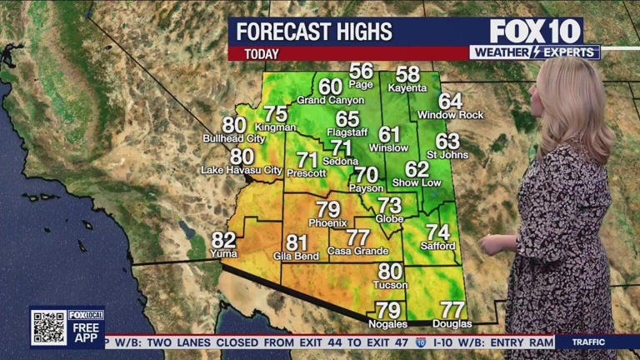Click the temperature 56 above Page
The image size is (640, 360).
(x=361, y=71)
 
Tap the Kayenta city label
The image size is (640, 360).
(x=407, y=87)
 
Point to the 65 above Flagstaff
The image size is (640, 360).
(x=347, y=119)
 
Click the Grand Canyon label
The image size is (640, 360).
(x=331, y=100)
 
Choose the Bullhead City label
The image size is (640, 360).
(x=234, y=137)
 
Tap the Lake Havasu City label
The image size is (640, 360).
(x=241, y=170)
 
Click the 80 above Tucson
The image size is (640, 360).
(x=390, y=271)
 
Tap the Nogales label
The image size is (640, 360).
(x=388, y=323)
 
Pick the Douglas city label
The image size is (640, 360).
(x=452, y=323)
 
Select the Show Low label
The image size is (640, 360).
(x=417, y=182)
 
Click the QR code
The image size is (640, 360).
(x=48, y=327)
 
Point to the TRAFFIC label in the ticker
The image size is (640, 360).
(x=588, y=342)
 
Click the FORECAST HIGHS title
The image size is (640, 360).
(x=314, y=32)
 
